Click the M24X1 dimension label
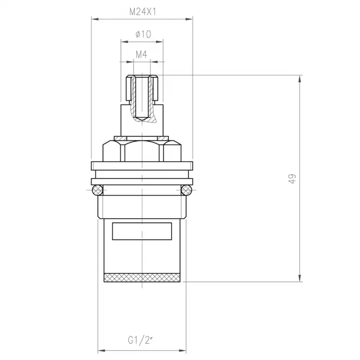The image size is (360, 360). pos(143,12)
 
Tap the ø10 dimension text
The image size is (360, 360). pos(143,35)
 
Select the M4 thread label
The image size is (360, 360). pos(141,55)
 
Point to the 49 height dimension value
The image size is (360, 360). pos(292,179)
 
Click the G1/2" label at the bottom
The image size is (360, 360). pos(140,340)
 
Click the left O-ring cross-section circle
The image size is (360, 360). pos(97,190)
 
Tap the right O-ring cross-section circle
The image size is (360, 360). pos(186,190)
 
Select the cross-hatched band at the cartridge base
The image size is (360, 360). pos(142,278)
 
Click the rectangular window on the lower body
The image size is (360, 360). pos(142,231)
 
